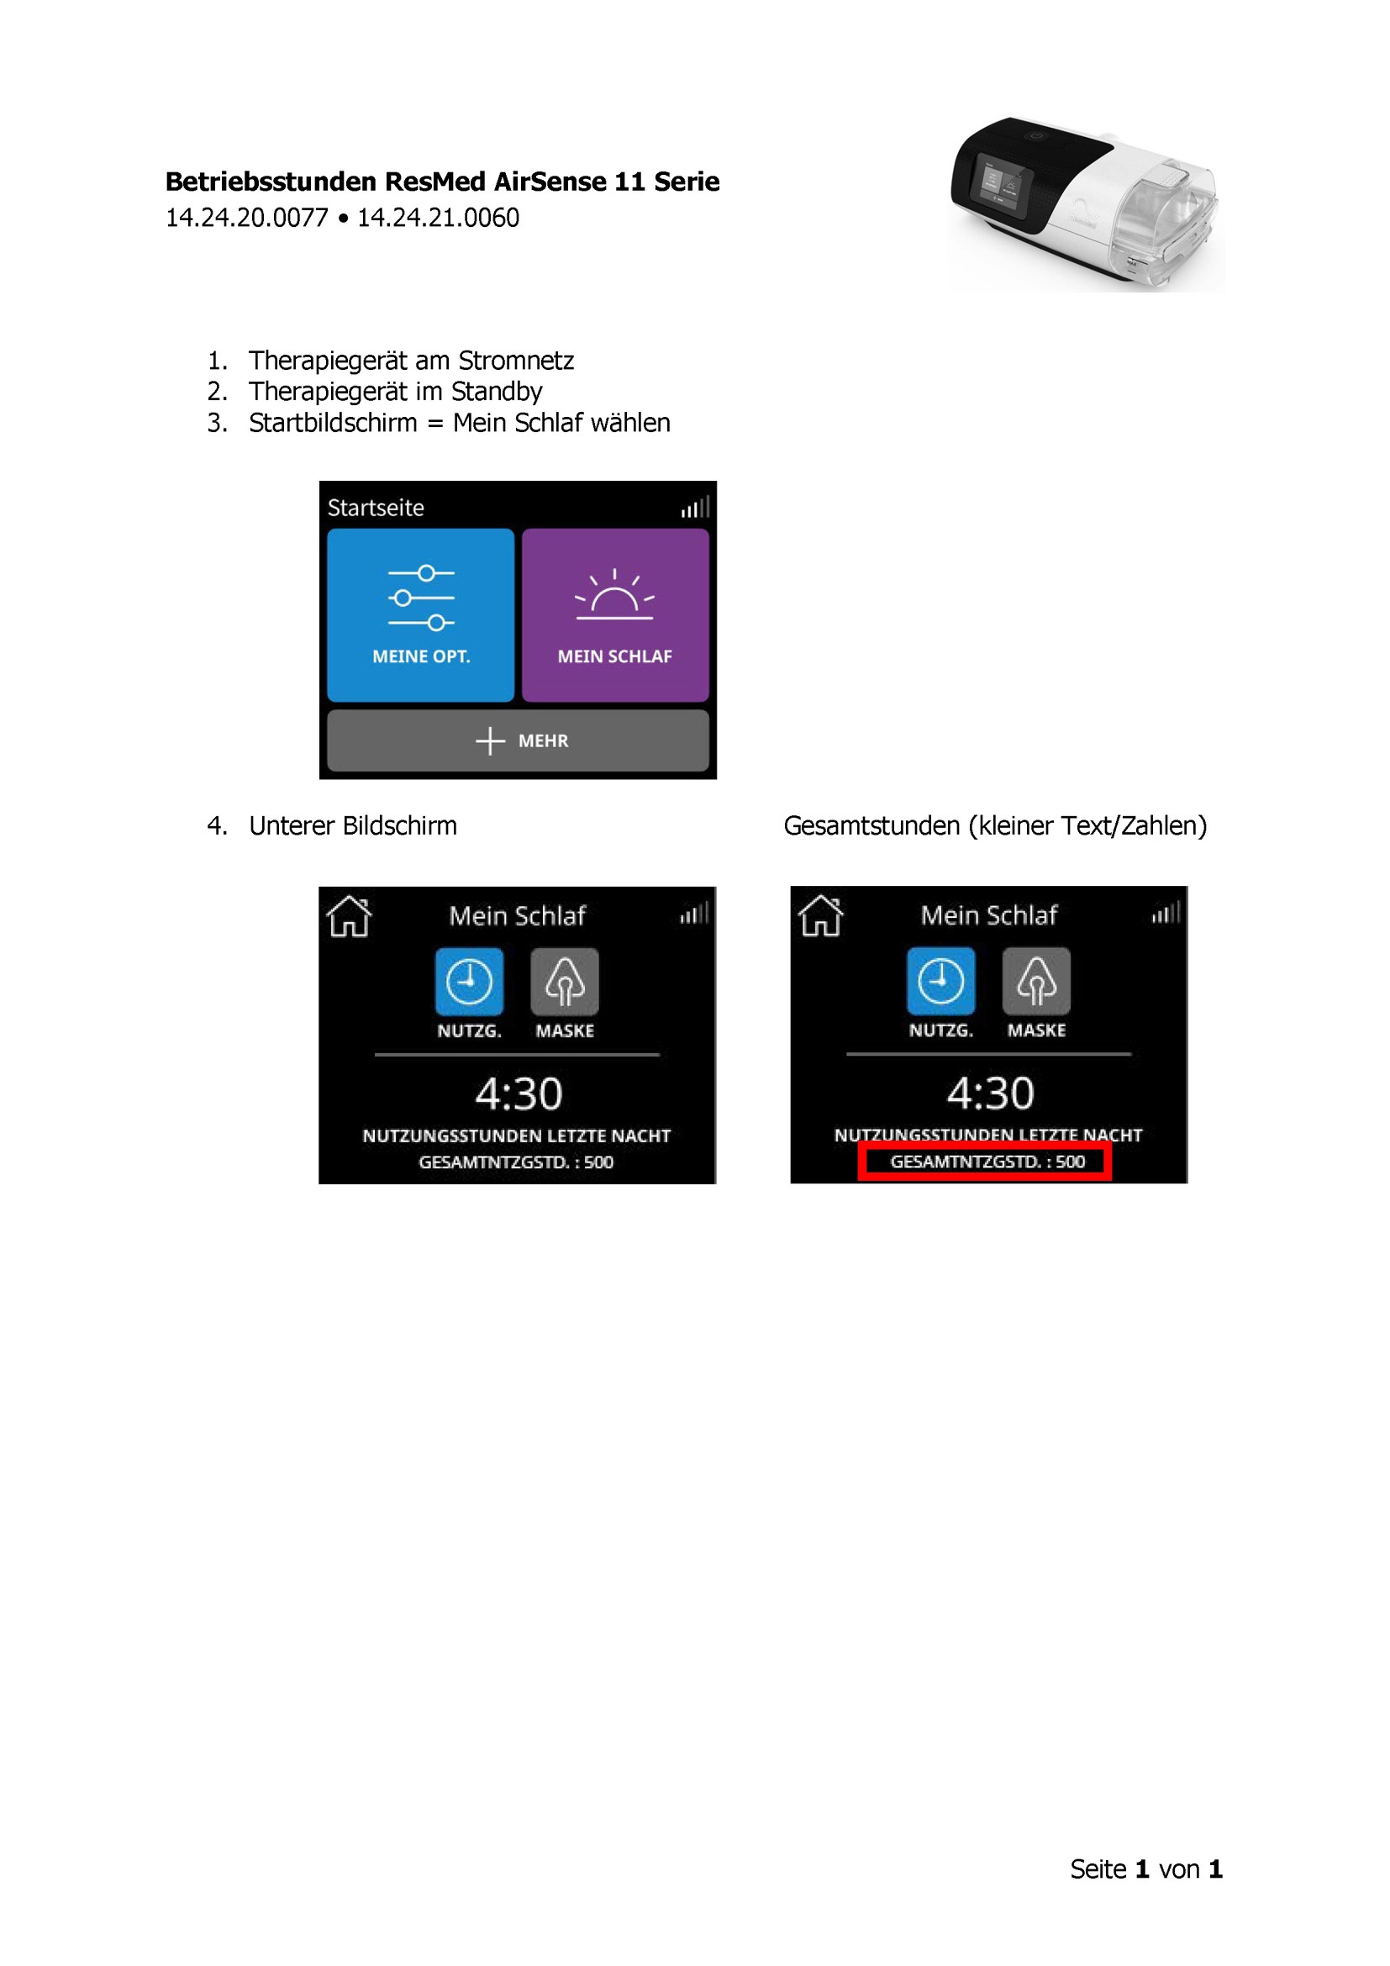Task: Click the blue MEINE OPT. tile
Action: tap(420, 614)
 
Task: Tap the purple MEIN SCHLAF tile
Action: tap(614, 614)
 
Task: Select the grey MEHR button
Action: tap(518, 741)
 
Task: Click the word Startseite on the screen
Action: tap(376, 508)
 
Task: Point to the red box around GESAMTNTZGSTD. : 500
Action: tap(985, 1162)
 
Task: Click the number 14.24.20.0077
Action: tap(246, 219)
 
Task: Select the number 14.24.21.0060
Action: tap(438, 219)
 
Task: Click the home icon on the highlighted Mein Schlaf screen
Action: tap(820, 915)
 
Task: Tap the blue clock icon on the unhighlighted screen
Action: tap(469, 981)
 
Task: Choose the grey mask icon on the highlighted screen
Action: tap(1035, 980)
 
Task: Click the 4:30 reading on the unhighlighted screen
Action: tap(519, 1094)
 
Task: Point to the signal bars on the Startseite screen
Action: tap(695, 508)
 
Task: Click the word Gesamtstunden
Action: tap(871, 825)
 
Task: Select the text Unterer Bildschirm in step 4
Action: tap(353, 825)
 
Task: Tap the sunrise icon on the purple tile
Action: tap(614, 595)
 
